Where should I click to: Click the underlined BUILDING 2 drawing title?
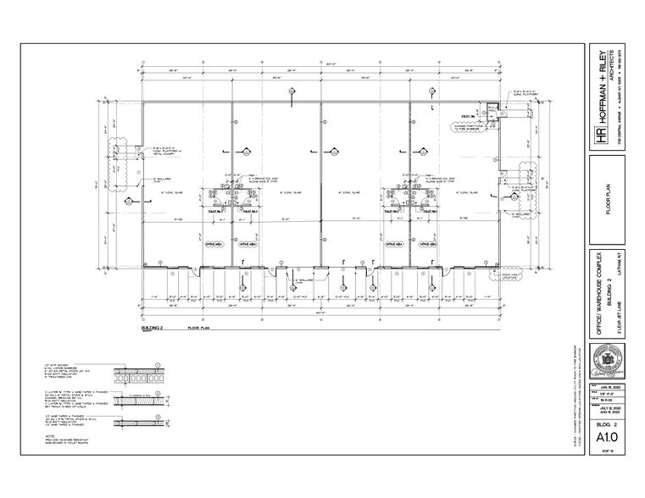coord(153,326)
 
